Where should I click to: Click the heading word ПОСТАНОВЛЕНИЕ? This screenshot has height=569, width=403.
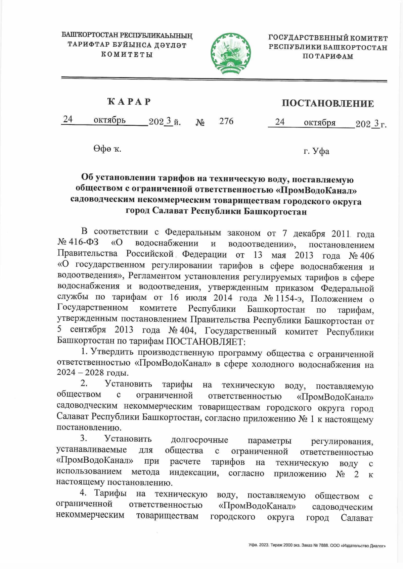[327, 103]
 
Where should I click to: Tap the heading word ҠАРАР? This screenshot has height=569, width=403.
[129, 102]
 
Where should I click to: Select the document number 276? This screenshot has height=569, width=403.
[226, 121]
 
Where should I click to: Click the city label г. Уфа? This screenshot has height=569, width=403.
[316, 151]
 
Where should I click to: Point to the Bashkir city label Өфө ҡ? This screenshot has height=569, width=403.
[107, 149]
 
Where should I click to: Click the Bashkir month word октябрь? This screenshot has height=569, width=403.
[109, 120]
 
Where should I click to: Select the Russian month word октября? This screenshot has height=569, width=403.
[319, 123]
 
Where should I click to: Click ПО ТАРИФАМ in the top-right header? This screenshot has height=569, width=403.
[327, 56]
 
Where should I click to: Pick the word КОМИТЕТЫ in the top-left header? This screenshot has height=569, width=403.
[127, 54]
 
